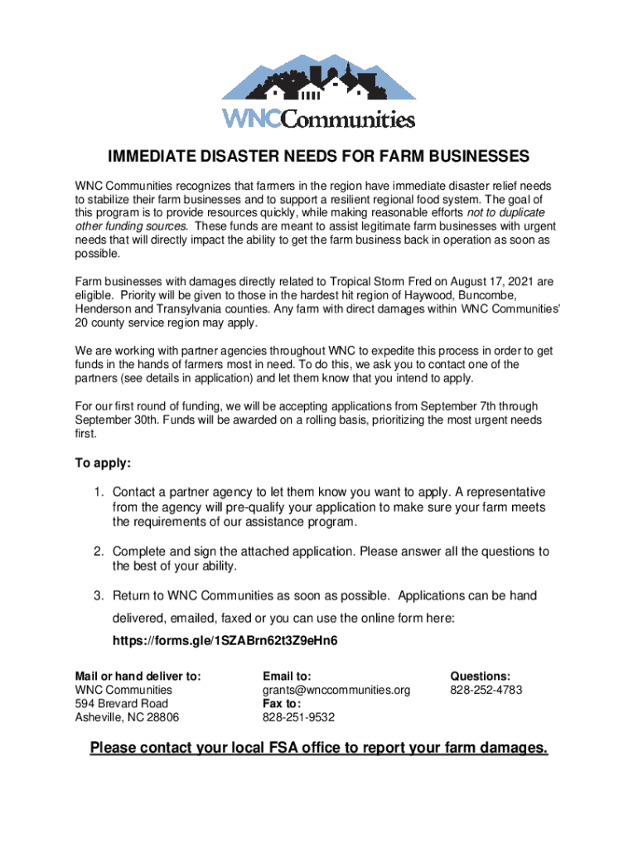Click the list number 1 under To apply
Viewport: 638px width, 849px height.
point(97,492)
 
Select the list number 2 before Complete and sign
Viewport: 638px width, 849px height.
point(97,551)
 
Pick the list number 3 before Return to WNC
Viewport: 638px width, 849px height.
point(97,596)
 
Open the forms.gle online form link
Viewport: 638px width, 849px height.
point(225,642)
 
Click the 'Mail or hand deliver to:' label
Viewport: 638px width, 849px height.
point(138,676)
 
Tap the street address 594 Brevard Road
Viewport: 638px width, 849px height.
point(121,704)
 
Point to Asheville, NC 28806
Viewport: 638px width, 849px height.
point(127,718)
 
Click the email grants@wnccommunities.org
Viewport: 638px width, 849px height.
point(336,690)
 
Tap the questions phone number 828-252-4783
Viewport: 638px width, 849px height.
point(486,690)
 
